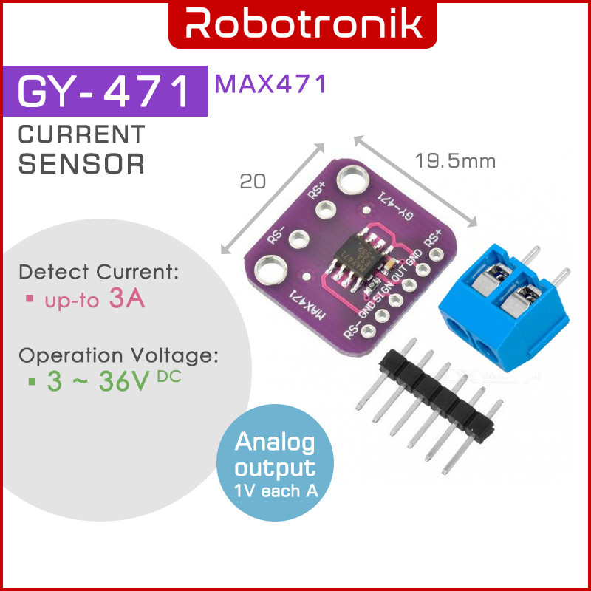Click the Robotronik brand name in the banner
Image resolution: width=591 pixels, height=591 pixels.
[x=295, y=24]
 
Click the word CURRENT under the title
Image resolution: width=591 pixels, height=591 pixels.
[x=81, y=135]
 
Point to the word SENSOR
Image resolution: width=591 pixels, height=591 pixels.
[x=81, y=163]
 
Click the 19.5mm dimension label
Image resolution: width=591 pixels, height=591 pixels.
[x=454, y=160]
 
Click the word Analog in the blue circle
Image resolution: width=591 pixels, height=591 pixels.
[x=275, y=443]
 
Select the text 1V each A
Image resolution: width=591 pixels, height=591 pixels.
[x=276, y=491]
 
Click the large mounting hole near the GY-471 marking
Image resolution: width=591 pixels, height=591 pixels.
[x=353, y=180]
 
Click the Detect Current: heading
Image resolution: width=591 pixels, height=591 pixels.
[x=99, y=271]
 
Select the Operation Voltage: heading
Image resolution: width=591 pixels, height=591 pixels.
[x=119, y=355]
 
